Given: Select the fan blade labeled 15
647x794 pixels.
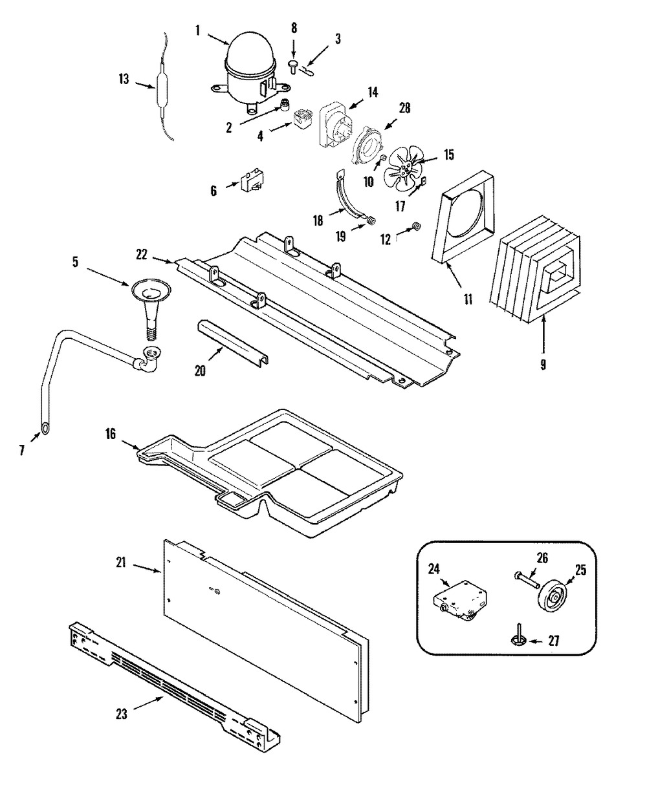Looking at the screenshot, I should click(402, 169).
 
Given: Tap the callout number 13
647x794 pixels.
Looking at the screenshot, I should click(123, 80).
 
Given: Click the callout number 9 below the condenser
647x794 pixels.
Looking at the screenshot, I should click(542, 363).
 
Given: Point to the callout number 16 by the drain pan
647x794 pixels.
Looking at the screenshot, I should click(110, 434).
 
